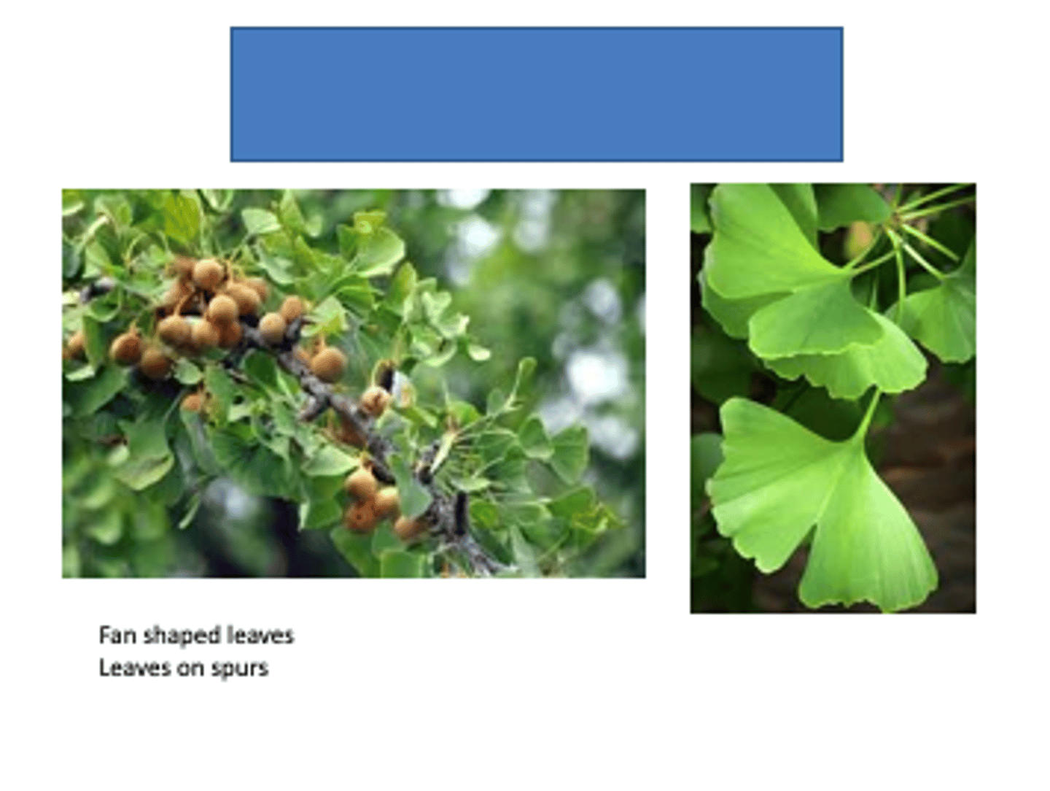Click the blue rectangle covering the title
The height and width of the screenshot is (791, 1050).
[x=536, y=94]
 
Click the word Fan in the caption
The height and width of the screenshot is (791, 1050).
[x=117, y=635]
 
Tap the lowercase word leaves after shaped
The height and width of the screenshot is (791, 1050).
[x=260, y=635]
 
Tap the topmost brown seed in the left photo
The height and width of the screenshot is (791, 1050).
[x=209, y=273]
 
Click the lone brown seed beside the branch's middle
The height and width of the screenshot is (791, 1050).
[x=328, y=363]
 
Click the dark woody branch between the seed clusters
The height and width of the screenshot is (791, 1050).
[x=343, y=409]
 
